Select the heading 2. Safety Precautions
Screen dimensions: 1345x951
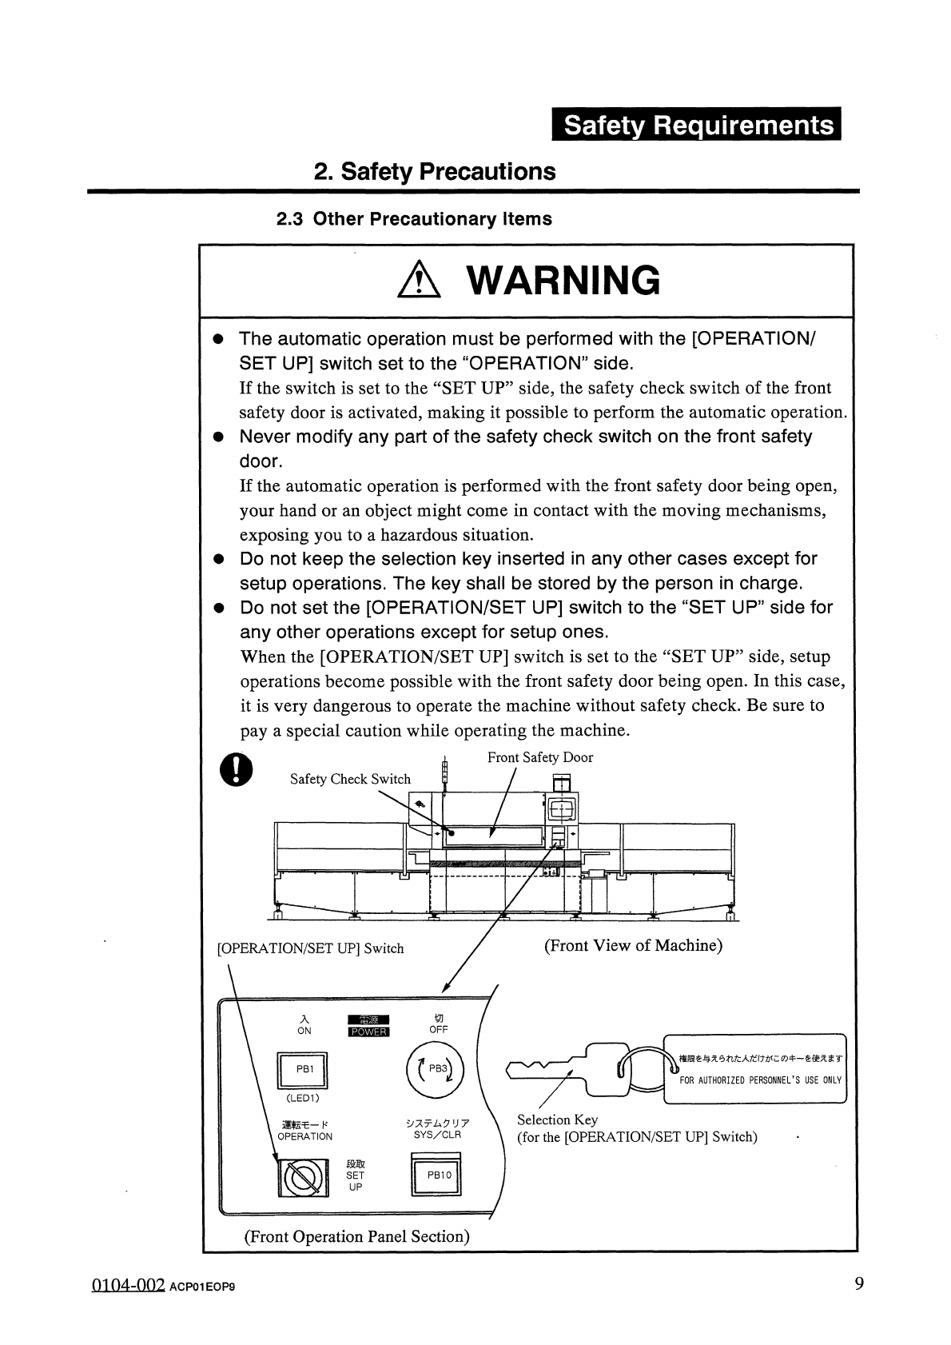point(434,172)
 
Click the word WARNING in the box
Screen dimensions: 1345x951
point(563,281)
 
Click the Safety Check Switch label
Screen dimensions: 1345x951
point(350,779)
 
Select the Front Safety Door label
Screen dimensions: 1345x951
point(540,757)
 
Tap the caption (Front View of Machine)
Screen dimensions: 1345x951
point(633,945)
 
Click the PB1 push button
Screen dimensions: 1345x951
point(304,1069)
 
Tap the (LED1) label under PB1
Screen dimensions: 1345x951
point(303,1097)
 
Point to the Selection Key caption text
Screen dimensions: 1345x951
point(557,1120)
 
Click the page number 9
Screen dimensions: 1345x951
point(859,1284)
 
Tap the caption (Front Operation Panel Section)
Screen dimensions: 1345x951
point(356,1236)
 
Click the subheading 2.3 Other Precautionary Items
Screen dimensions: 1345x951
point(413,219)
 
